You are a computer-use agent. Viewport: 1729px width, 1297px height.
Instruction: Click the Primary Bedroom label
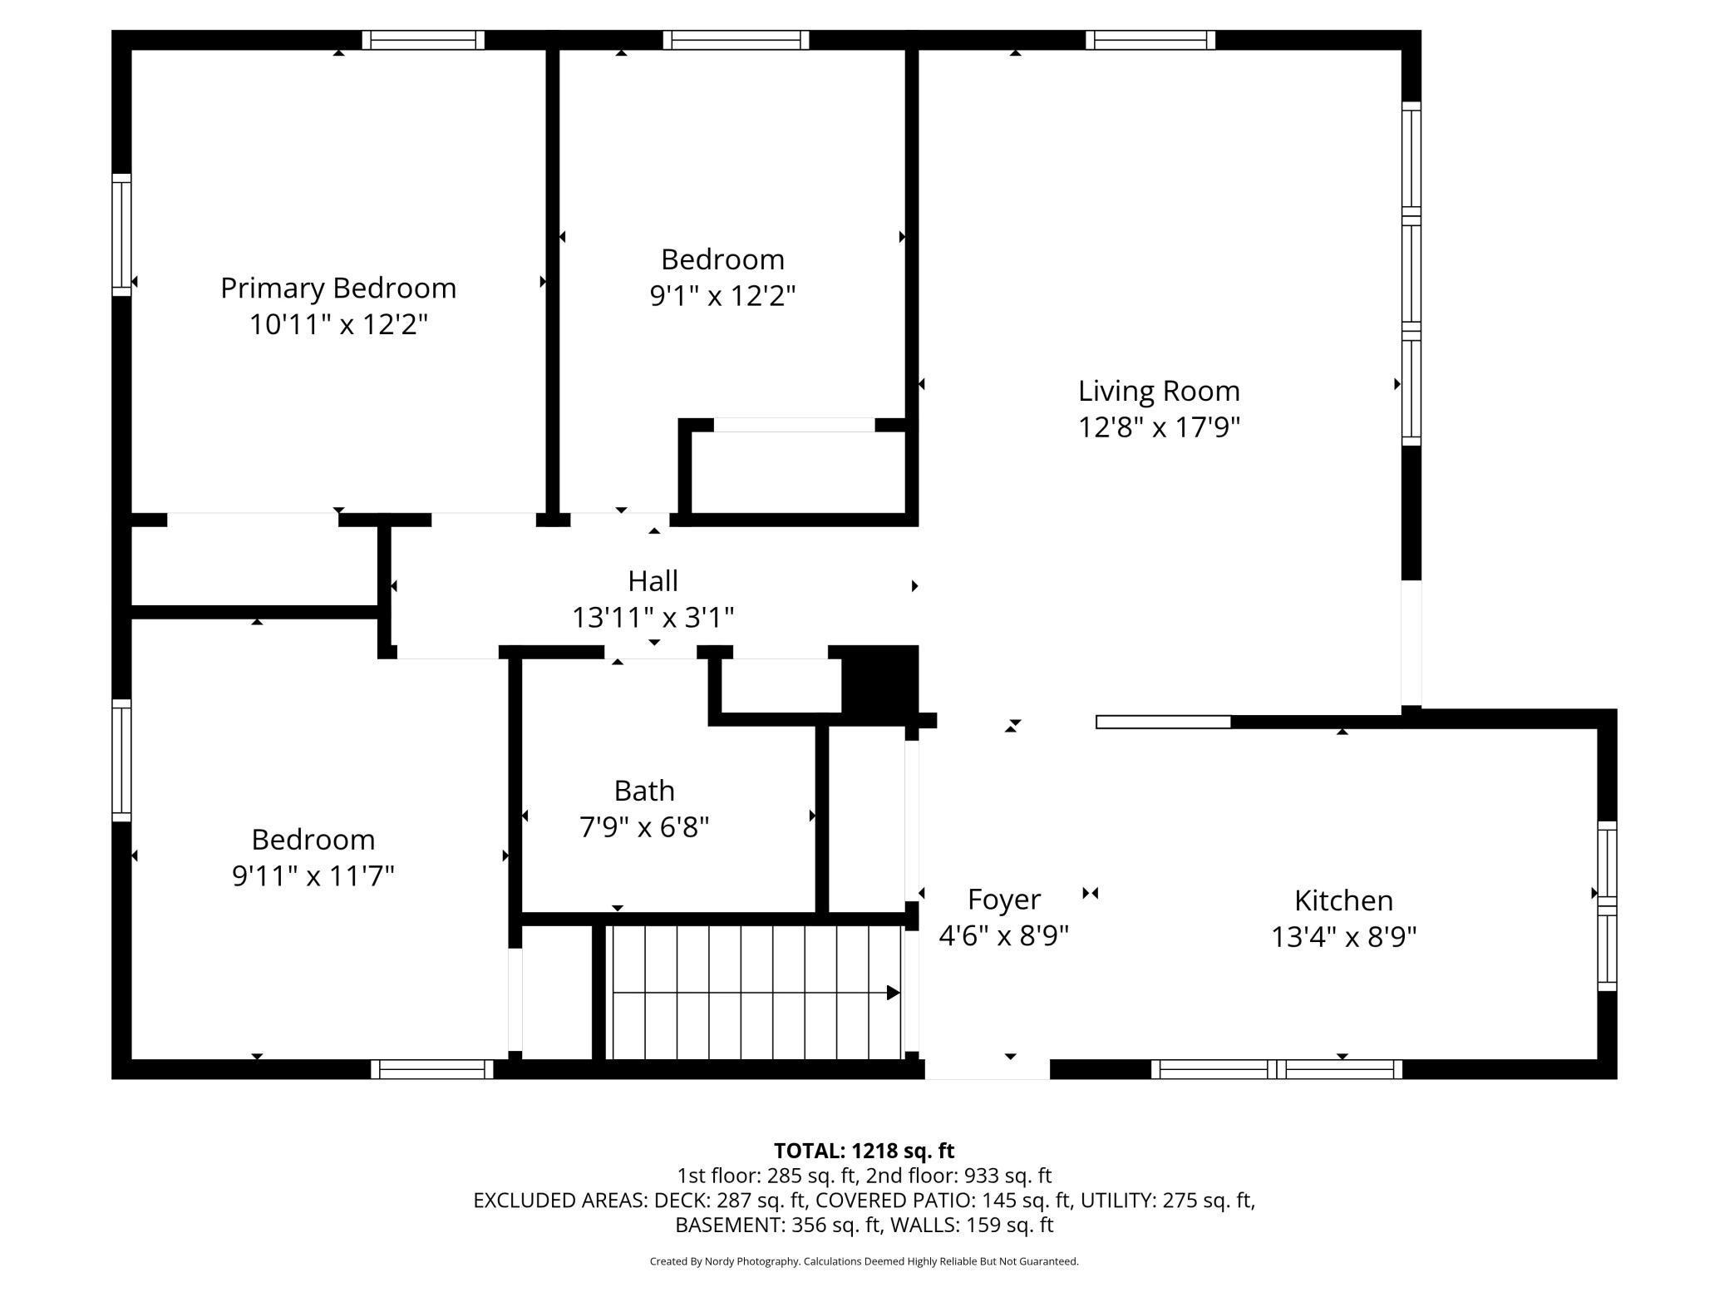click(x=338, y=288)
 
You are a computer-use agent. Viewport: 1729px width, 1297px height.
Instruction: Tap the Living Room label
click(x=1159, y=391)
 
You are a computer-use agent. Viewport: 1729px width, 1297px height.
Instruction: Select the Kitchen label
click(x=1343, y=900)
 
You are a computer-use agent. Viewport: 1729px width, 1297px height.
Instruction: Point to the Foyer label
click(x=1004, y=900)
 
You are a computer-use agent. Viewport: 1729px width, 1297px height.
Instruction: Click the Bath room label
click(x=644, y=791)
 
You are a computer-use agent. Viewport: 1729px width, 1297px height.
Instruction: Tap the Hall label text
click(x=653, y=580)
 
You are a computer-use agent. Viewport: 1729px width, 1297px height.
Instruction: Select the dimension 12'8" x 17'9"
click(x=1159, y=427)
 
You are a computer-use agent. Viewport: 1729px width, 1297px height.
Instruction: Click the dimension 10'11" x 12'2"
click(x=338, y=324)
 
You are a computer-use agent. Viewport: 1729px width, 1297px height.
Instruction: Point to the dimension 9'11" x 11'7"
click(x=313, y=875)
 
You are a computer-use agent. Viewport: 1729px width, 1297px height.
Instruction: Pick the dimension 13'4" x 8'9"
click(x=1343, y=937)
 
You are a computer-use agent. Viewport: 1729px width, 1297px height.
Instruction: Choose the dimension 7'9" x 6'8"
click(x=644, y=827)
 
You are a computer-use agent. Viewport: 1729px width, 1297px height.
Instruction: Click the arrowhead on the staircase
click(x=894, y=993)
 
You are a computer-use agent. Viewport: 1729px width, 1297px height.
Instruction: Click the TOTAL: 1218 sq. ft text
click(x=864, y=1151)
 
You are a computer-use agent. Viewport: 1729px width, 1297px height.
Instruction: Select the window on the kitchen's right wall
click(x=1608, y=905)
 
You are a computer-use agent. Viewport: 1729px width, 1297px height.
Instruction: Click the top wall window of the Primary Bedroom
click(x=423, y=40)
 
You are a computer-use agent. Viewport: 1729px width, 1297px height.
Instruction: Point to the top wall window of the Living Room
click(x=1150, y=40)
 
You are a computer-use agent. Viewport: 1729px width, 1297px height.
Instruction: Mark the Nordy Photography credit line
click(x=864, y=1261)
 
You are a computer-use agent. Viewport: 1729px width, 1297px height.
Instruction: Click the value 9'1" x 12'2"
click(x=722, y=296)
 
